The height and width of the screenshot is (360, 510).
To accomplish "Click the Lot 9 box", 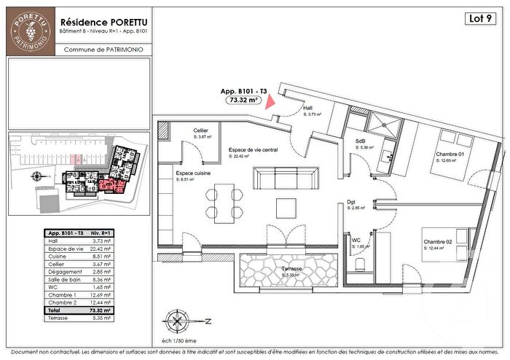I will (x=481, y=18).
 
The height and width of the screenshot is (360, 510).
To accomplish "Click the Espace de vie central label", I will (x=253, y=149).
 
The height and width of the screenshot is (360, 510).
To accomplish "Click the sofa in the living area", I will (x=285, y=179).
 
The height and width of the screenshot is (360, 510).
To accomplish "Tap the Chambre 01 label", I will (x=450, y=154).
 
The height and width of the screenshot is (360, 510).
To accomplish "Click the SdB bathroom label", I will (x=360, y=141).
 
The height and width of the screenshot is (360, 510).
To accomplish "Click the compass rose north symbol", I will (x=177, y=321).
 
